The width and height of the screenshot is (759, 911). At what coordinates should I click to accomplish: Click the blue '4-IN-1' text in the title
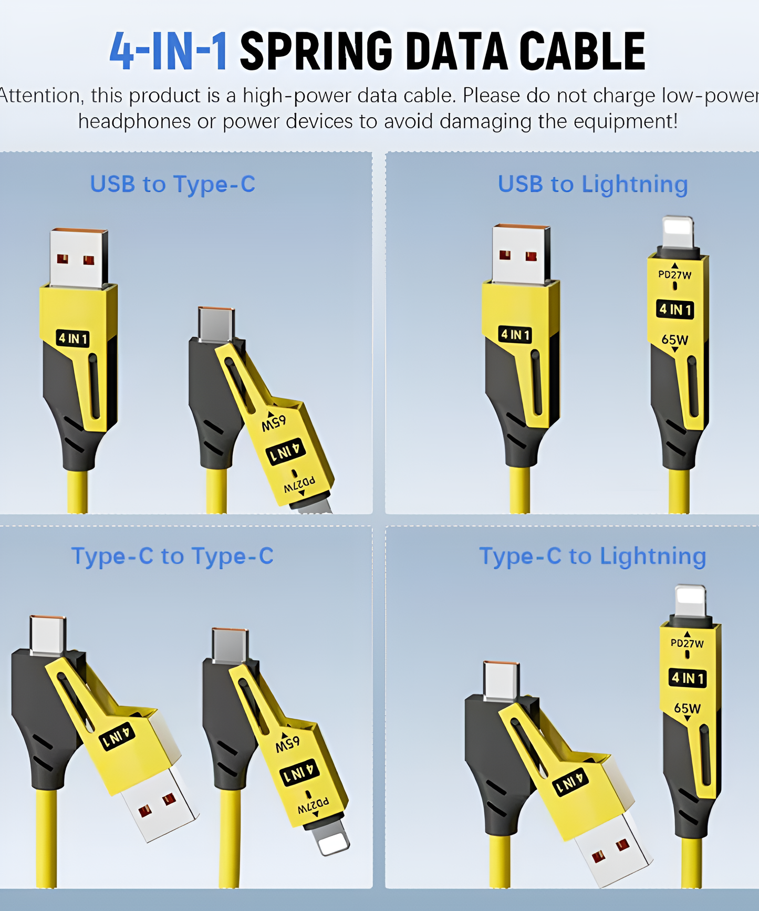[x=168, y=51]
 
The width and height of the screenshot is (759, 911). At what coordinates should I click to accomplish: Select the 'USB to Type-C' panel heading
[x=172, y=184]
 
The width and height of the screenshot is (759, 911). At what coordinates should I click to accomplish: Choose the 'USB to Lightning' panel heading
[x=592, y=184]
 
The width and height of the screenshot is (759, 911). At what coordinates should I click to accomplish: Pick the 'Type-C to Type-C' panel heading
[x=172, y=556]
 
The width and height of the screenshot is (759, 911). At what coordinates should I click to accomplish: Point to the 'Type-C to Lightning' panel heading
[x=592, y=556]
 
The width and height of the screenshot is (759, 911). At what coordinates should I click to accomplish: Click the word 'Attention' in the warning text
[x=39, y=96]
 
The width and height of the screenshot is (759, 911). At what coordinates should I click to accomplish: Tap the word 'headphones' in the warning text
[x=134, y=121]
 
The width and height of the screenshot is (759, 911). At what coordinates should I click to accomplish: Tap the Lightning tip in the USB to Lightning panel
[x=678, y=232]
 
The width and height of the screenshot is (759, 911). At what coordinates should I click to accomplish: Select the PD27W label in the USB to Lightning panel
[x=675, y=275]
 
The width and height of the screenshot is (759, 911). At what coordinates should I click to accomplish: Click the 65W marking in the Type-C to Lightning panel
[x=687, y=708]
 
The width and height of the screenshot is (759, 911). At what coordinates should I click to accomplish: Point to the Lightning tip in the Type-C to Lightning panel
[x=690, y=600]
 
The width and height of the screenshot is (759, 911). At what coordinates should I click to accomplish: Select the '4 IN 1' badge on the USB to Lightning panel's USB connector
[x=515, y=334]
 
